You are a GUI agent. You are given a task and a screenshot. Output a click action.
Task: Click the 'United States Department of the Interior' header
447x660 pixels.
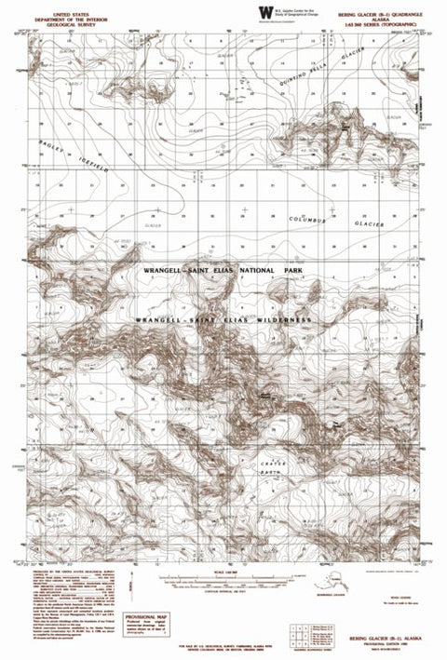(67, 19)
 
